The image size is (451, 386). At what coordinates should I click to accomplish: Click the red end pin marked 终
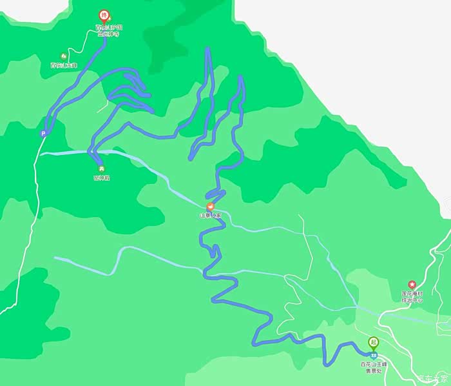102,15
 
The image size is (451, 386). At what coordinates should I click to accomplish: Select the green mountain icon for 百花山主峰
63,56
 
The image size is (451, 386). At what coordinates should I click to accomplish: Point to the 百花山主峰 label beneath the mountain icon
63,65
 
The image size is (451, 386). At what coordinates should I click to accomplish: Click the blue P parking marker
43,134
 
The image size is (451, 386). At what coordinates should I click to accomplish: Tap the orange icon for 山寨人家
210,207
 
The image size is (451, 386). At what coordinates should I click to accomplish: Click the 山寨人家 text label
210,215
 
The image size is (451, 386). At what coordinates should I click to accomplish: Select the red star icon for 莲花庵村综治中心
412,285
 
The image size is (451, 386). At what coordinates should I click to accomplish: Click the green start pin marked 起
373,342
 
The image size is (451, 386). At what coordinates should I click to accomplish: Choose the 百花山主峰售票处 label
373,368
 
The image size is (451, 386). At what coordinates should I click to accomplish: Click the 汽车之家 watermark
432,379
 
